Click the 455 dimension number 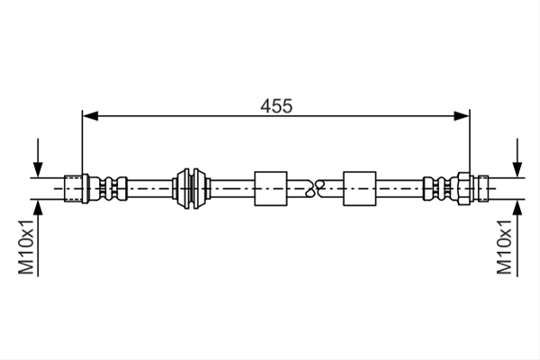pyautogui.click(x=276, y=106)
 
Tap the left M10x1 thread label pyautogui.click(x=26, y=247)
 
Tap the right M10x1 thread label pyautogui.click(x=504, y=247)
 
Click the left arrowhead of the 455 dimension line pyautogui.click(x=90, y=116)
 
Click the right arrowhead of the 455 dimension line pyautogui.click(x=462, y=116)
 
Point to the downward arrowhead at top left pyautogui.click(x=38, y=169)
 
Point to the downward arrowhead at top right pyautogui.click(x=517, y=169)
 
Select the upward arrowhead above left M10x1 pyautogui.click(x=38, y=208)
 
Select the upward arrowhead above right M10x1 pyautogui.click(x=517, y=208)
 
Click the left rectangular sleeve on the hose pyautogui.click(x=271, y=188)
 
